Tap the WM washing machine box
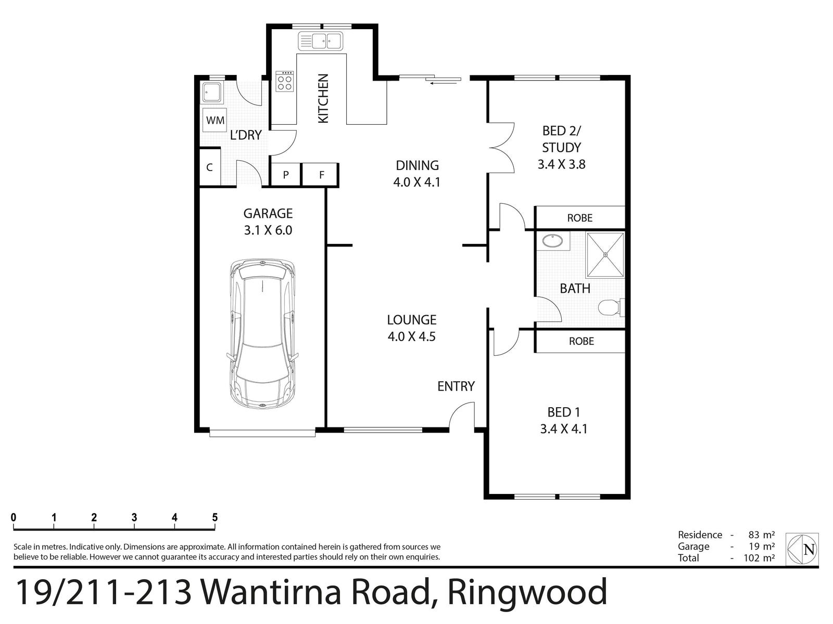pyautogui.click(x=215, y=121)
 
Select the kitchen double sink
pyautogui.click(x=320, y=41)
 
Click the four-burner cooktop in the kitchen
pyautogui.click(x=285, y=81)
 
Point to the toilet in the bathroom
pyautogui.click(x=609, y=307)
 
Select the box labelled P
pyautogui.click(x=286, y=175)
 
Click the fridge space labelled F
pyautogui.click(x=321, y=175)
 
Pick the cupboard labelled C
pyautogui.click(x=210, y=167)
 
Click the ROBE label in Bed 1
pyautogui.click(x=581, y=341)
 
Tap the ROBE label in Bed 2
pyautogui.click(x=579, y=218)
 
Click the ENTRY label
pyautogui.click(x=456, y=386)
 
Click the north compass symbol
pyautogui.click(x=803, y=549)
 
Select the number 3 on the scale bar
pyautogui.click(x=134, y=517)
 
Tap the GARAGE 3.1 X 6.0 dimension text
pyautogui.click(x=268, y=229)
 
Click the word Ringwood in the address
pyautogui.click(x=527, y=592)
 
